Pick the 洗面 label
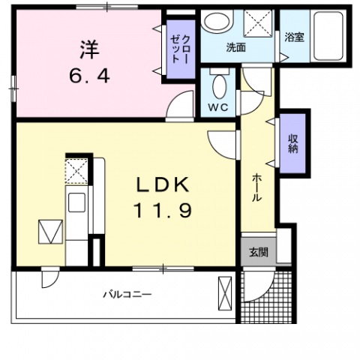(237, 47)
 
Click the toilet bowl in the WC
(218, 88)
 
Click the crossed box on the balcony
(224, 292)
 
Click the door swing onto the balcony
(49, 278)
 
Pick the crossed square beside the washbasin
(259, 23)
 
